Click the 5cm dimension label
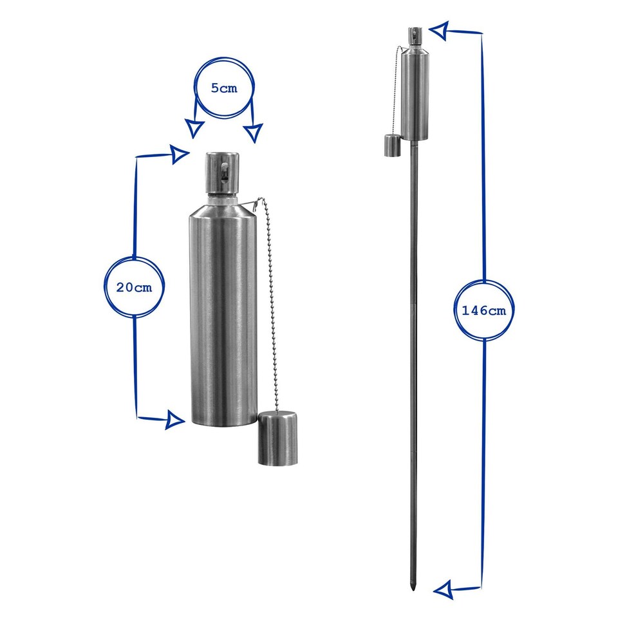click(x=224, y=88)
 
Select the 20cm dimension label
click(x=134, y=287)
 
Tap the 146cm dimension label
click(x=483, y=310)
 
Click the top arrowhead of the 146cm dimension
click(x=439, y=30)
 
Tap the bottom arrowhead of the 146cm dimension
click(x=444, y=589)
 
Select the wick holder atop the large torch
click(x=223, y=173)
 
